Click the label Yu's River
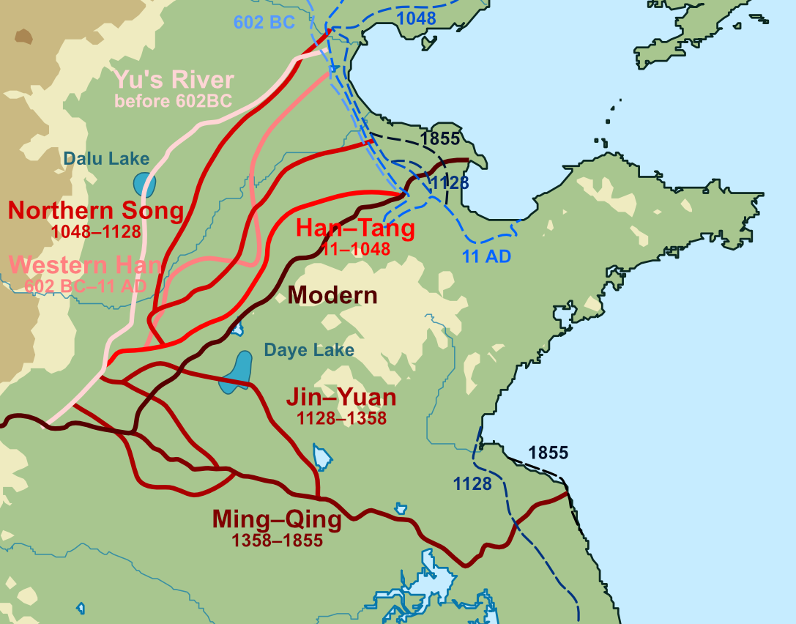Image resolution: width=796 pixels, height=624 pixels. (x=174, y=80)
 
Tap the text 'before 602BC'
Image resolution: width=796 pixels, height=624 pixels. (x=173, y=101)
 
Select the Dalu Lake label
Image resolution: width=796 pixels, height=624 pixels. (x=106, y=158)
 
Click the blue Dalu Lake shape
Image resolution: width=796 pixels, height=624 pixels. (x=144, y=184)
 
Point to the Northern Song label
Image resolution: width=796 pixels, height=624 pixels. (x=96, y=211)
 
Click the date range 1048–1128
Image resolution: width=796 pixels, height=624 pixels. (x=96, y=231)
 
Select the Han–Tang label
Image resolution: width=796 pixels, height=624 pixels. (x=355, y=228)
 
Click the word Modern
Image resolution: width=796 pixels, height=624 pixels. (x=332, y=296)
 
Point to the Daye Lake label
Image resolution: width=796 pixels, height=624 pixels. (x=309, y=350)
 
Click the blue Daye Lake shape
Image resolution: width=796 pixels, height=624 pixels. (x=237, y=373)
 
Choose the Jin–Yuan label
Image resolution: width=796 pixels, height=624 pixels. (x=341, y=398)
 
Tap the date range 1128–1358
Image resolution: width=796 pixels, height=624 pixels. (x=341, y=418)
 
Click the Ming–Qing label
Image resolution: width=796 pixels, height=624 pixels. (x=277, y=520)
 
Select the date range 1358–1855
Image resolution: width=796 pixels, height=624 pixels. (x=277, y=541)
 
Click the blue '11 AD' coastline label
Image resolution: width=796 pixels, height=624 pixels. (x=486, y=256)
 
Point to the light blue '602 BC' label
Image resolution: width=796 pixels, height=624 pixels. (x=264, y=23)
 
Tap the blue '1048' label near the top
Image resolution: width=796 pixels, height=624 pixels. (x=415, y=18)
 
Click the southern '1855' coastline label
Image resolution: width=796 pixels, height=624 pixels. (x=548, y=453)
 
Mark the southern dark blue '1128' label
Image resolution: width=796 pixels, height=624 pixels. (x=472, y=483)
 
